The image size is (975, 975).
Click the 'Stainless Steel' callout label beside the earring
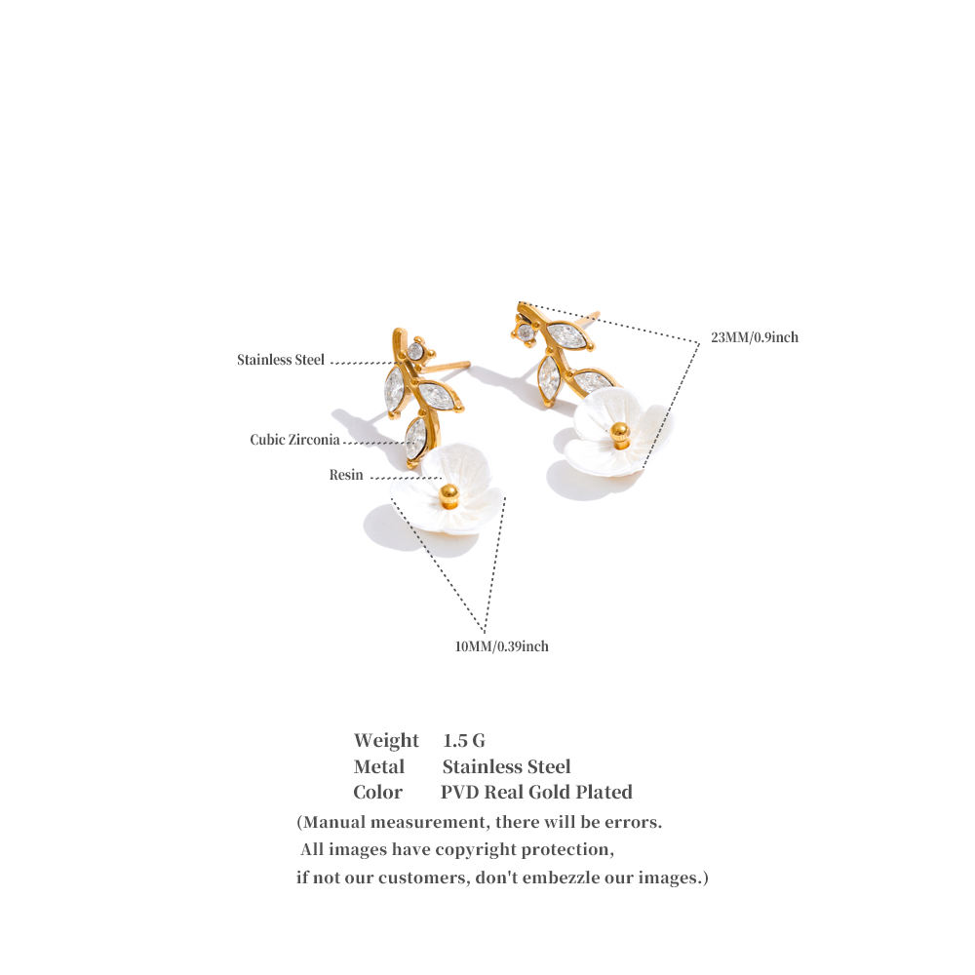coord(281,360)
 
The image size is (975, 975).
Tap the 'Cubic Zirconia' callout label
coord(294,441)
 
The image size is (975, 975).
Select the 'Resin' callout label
coord(346,475)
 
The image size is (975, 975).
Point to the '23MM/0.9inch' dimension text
coord(755,337)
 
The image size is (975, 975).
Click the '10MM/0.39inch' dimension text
coord(502,646)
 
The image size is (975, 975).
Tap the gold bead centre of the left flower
coord(448,495)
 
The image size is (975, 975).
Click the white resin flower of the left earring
coord(447,490)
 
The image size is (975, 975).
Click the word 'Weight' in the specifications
coord(386,741)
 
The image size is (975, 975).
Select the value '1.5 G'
coord(464,741)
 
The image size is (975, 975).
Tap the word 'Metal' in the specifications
coord(378,766)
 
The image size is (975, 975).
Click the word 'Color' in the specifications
coord(378,792)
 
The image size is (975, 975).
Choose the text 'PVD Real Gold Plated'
coord(536,792)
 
